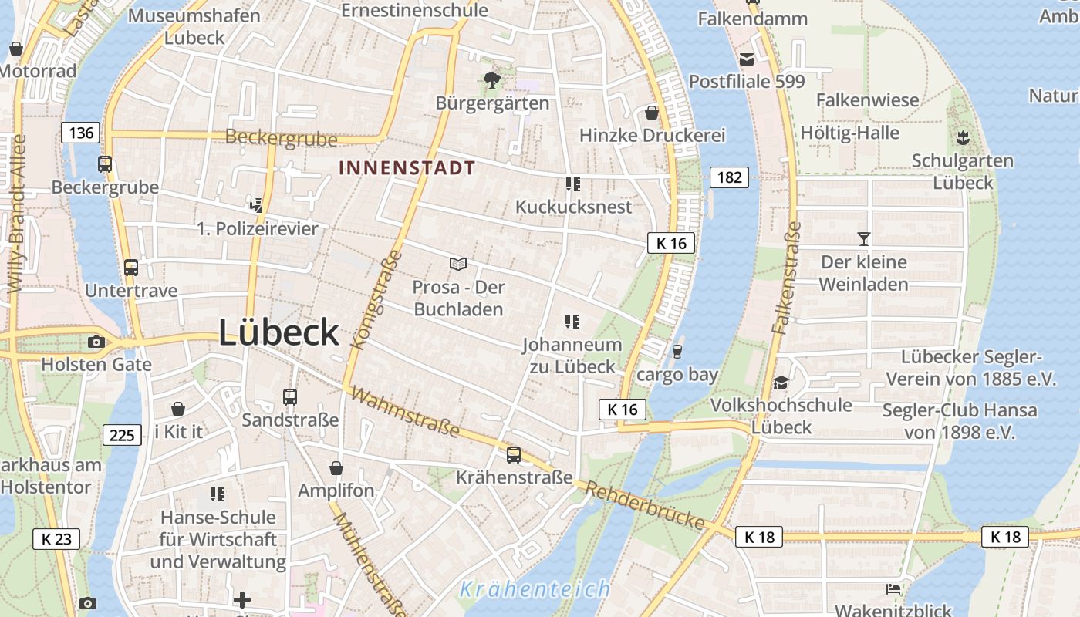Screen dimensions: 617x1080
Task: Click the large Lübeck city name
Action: (278, 332)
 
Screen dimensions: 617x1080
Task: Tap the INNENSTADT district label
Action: (407, 167)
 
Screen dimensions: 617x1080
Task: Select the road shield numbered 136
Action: (81, 133)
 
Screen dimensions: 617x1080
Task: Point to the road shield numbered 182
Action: (728, 177)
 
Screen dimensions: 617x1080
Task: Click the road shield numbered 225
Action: (122, 435)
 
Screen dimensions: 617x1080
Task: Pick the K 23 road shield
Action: (56, 538)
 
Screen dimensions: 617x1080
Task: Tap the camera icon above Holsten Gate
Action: (96, 342)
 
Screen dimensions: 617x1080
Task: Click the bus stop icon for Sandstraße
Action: (290, 397)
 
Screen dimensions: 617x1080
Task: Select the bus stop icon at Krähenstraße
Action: (514, 455)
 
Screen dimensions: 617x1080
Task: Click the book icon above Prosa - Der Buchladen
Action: (458, 264)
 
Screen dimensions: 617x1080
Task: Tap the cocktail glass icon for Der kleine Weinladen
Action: (863, 239)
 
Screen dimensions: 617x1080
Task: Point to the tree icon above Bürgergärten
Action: (491, 79)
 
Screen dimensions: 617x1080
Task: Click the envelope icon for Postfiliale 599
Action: (746, 59)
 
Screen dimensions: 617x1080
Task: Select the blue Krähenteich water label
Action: (535, 590)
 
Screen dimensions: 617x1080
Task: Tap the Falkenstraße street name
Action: (787, 278)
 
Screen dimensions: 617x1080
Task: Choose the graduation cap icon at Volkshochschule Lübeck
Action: (781, 383)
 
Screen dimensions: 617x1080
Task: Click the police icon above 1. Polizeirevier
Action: (257, 205)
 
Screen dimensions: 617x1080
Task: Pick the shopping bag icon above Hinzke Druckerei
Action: (652, 113)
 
